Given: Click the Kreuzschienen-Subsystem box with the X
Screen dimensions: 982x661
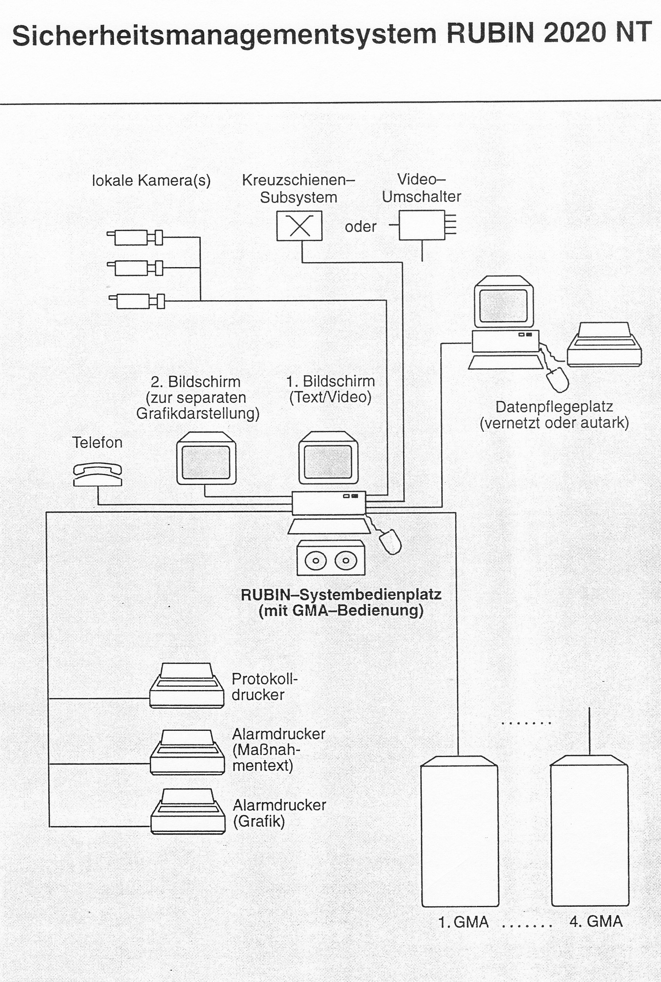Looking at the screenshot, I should (299, 226).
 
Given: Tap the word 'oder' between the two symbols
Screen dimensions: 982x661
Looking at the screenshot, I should (361, 226).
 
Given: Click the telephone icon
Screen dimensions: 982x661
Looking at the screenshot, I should (97, 474).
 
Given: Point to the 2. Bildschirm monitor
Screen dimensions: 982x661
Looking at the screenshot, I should (206, 458).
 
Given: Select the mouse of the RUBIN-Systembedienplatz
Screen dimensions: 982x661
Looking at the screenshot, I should (390, 541).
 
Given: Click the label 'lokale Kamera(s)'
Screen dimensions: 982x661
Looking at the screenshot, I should (151, 181).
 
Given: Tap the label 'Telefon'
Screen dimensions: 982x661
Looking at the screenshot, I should (97, 442).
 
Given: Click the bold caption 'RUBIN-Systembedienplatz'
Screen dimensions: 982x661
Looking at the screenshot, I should (341, 595).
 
